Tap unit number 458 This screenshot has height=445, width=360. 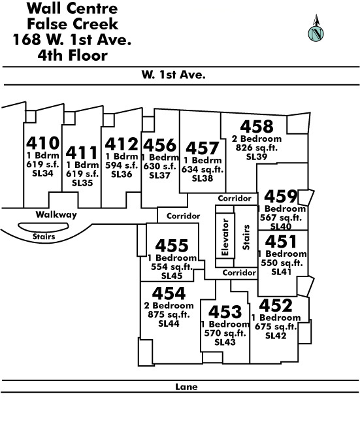(257, 127)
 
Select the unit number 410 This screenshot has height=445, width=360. (43, 143)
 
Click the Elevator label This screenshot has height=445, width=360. (225, 237)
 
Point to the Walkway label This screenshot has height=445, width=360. (56, 214)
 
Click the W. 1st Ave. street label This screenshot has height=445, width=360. (173, 75)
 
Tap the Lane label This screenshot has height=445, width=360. (186, 387)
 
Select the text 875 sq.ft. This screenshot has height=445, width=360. (169, 315)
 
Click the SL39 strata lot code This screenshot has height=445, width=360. (257, 157)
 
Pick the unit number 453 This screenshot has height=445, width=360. (225, 312)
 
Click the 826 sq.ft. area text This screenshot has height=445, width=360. (257, 148)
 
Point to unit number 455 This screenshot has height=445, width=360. (172, 246)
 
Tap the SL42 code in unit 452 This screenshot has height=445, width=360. (276, 336)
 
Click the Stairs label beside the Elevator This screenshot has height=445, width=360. (246, 237)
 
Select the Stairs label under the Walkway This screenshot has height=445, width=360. (44, 237)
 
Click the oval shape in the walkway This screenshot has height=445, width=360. (43, 227)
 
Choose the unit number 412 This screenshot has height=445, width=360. (122, 144)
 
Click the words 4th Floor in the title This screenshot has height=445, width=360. (73, 56)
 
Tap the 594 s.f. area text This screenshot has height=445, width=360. (122, 165)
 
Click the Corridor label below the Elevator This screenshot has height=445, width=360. (239, 272)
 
